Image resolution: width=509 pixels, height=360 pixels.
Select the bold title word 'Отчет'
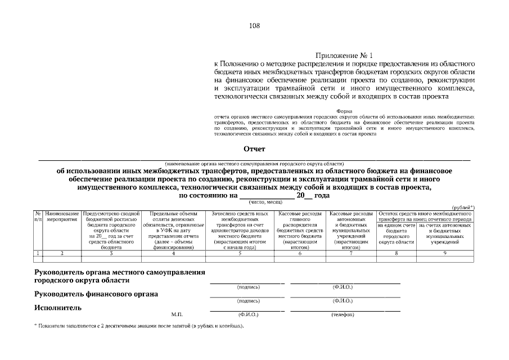[254, 149]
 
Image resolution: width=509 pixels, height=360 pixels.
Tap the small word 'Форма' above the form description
[345, 111]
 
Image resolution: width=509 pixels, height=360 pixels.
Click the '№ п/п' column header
[38, 217]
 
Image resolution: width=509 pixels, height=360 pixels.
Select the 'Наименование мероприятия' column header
[62, 217]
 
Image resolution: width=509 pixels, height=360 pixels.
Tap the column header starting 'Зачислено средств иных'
[239, 230]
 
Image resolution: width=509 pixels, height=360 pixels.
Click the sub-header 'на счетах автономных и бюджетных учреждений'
[445, 236]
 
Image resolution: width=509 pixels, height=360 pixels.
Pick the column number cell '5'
[239, 254]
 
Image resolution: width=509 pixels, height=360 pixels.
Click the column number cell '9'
[445, 254]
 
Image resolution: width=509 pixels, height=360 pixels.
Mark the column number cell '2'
[62, 254]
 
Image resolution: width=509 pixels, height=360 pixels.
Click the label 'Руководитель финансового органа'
[96, 294]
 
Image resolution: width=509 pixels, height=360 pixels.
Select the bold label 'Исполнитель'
[58, 308]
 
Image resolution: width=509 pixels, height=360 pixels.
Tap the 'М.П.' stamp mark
[177, 314]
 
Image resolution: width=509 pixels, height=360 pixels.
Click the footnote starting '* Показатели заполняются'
[139, 326]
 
